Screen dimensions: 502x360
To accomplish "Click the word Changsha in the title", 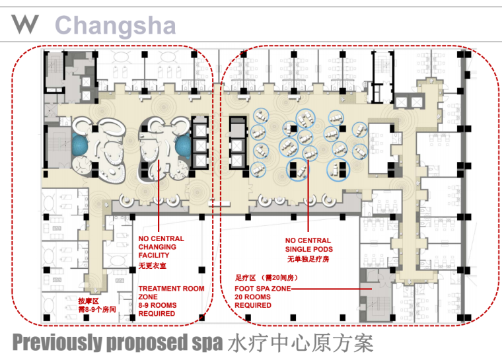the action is [116, 25].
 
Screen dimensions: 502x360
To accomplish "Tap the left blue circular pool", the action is [81, 144].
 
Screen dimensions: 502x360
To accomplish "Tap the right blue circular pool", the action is [184, 145].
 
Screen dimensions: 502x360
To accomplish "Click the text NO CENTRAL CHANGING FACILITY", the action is [161, 247].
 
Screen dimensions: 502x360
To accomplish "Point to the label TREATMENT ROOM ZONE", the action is [171, 293].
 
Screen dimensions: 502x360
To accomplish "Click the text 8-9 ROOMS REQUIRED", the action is [157, 309].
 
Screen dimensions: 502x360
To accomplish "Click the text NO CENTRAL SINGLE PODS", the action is [309, 244].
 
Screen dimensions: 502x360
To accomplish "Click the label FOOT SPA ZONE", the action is [263, 289].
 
